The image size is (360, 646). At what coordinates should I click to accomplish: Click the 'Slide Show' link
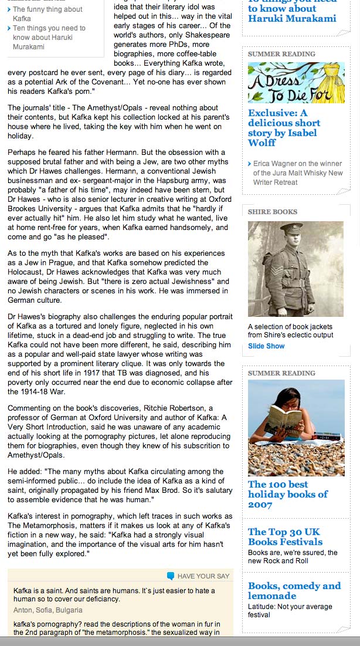(266, 346)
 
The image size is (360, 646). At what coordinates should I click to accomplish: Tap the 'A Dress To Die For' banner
(296, 83)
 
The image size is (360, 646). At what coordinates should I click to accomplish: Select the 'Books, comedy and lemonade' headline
(294, 590)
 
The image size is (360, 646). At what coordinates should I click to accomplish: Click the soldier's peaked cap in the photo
(290, 228)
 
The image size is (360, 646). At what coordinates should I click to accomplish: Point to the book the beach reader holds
(283, 420)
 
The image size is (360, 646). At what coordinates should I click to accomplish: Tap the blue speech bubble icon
(171, 576)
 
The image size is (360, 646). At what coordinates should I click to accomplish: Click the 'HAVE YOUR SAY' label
(203, 576)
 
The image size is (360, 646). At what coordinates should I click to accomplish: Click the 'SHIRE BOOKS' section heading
(273, 212)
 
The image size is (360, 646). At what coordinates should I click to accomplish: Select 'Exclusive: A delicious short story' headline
(284, 127)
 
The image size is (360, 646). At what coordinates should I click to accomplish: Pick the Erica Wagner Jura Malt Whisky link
(298, 173)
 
